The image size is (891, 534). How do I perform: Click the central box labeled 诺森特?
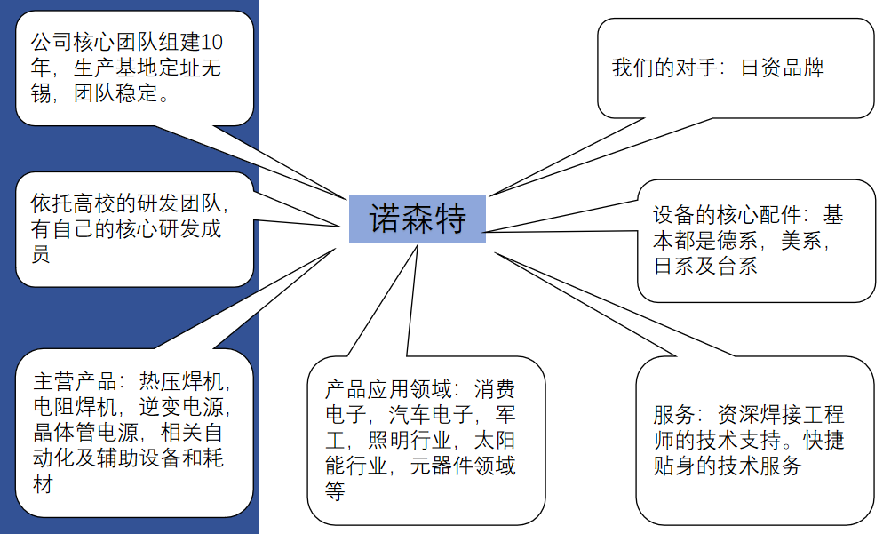pyautogui.click(x=418, y=219)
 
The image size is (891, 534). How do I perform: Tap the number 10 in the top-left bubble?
pyautogui.click(x=212, y=42)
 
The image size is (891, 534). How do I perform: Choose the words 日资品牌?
pyautogui.click(x=783, y=68)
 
